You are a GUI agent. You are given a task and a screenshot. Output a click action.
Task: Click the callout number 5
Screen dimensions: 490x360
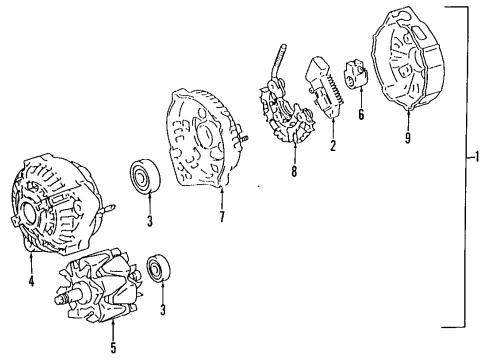pyautogui.click(x=112, y=348)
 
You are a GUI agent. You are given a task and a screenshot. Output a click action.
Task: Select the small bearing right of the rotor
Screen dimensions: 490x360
pyautogui.click(x=157, y=269)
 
